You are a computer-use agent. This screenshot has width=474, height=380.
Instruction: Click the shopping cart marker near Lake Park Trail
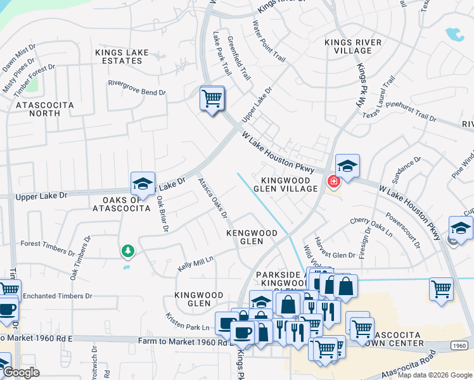coord(212,99)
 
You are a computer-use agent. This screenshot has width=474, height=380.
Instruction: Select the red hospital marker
coord(333,182)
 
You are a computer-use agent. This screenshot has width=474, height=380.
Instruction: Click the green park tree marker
coord(128,251)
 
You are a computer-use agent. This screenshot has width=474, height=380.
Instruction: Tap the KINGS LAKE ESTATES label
coord(119,56)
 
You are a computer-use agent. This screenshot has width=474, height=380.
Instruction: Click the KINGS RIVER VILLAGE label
coord(353,47)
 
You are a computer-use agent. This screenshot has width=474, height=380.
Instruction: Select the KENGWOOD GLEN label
coord(252,237)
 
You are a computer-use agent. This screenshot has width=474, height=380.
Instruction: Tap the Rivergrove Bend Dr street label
coord(136,92)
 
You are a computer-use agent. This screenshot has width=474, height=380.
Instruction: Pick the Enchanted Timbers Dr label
coord(58,296)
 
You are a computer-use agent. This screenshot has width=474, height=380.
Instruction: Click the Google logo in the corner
coord(22,372)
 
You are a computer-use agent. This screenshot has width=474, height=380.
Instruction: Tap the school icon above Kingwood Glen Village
coord(347,167)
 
